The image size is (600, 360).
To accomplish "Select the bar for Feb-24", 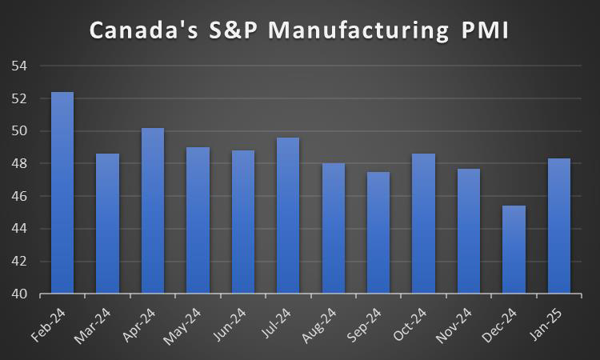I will pos(62,193).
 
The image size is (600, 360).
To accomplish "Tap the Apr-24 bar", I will pos(153,210).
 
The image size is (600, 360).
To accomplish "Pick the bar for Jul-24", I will pos(288,215).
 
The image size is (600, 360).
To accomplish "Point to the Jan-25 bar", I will pos(558,226).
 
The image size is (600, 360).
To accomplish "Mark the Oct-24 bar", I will pos(423,223).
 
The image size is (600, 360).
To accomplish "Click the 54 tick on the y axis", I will pos(19,66).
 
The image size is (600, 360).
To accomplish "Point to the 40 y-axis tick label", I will pos(19,294).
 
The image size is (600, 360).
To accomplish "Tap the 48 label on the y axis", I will pos(19,164).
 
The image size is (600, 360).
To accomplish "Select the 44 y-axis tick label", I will pos(19,229).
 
